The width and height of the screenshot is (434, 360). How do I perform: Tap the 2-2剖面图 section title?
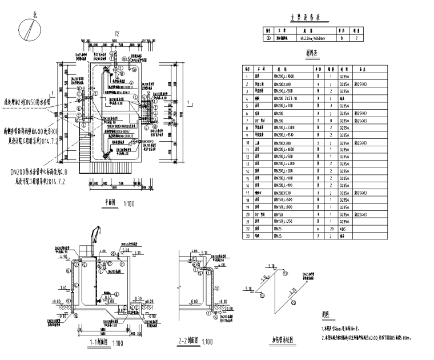(191, 342)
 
